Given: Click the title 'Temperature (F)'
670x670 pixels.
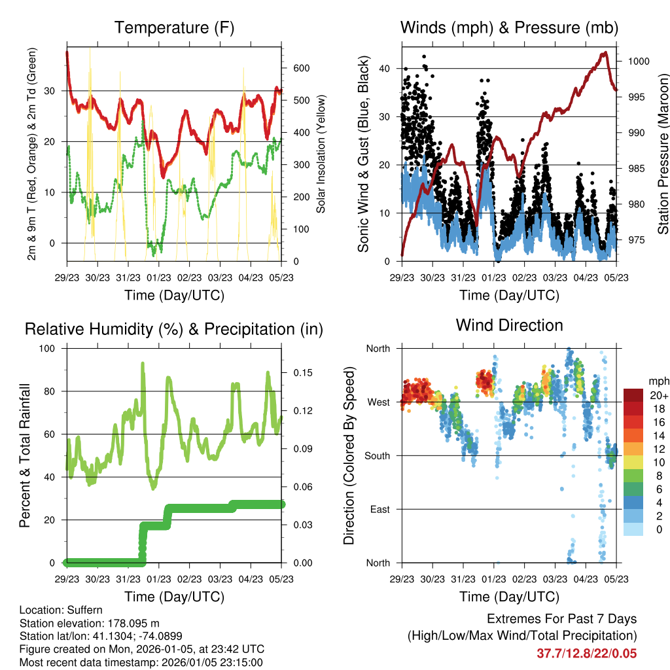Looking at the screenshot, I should click(x=174, y=27).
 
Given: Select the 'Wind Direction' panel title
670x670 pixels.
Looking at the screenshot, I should click(x=509, y=325).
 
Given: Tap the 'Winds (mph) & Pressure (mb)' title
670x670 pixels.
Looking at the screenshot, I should click(x=509, y=27).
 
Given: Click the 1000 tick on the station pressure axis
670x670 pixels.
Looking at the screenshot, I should click(x=638, y=62).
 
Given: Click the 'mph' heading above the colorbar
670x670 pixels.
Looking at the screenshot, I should click(x=658, y=381).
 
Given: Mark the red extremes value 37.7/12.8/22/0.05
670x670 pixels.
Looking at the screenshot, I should click(x=586, y=654).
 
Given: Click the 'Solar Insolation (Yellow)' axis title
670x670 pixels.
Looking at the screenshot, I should click(x=321, y=154).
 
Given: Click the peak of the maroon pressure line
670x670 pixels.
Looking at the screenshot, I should click(x=605, y=52).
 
